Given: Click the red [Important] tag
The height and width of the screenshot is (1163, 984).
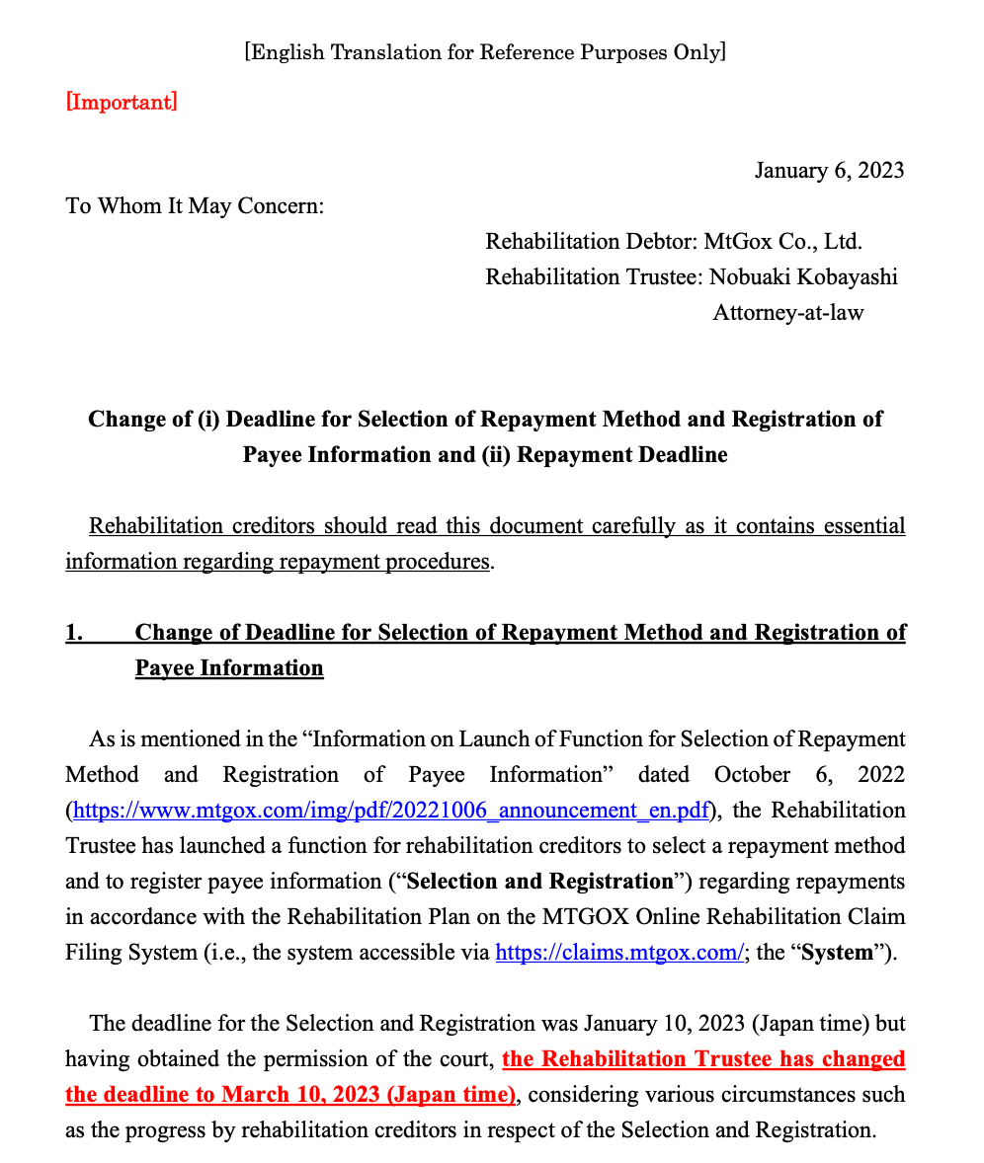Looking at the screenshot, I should point(122,102).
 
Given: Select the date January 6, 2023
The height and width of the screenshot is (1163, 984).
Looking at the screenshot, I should point(829,171).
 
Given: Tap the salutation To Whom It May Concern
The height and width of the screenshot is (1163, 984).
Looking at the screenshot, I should point(195,206).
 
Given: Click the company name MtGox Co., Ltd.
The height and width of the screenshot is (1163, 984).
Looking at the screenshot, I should point(782,242).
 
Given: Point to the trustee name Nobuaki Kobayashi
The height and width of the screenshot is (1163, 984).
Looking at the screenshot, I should point(803,277).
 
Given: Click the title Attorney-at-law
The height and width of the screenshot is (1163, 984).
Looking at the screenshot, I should point(787,313).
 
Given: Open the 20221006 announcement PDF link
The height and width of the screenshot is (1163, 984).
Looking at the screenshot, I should point(391,811).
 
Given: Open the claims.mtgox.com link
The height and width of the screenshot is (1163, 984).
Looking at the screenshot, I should point(618,953).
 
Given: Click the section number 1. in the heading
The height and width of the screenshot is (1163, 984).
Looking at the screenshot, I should point(75,633).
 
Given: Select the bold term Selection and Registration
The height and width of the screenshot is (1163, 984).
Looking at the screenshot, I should point(539,882).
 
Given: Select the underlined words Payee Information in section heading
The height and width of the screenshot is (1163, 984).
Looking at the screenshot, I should point(229,668).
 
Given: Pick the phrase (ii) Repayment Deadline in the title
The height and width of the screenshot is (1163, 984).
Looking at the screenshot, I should point(621,455).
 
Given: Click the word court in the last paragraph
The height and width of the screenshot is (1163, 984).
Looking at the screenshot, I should point(464,1059).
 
